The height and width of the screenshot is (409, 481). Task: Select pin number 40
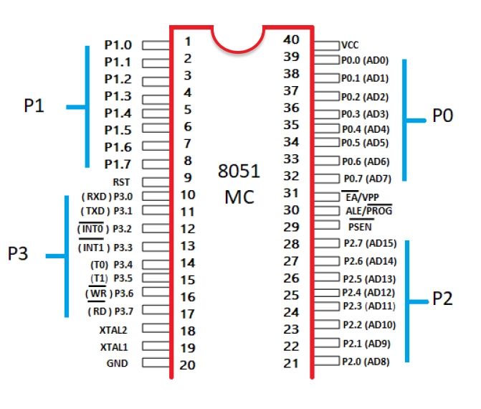point(292,40)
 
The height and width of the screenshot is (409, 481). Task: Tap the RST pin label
point(122,182)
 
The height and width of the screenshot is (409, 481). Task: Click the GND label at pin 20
point(117,364)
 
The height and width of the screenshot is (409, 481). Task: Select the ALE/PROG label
point(368,210)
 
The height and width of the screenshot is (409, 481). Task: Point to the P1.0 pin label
point(118,44)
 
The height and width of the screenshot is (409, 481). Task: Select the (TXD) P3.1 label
point(108,212)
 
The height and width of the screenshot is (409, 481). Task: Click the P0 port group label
point(442,116)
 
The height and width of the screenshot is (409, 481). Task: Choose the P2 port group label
point(442,299)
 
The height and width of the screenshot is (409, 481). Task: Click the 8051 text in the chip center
point(239,173)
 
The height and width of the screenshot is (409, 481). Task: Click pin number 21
point(292,363)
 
